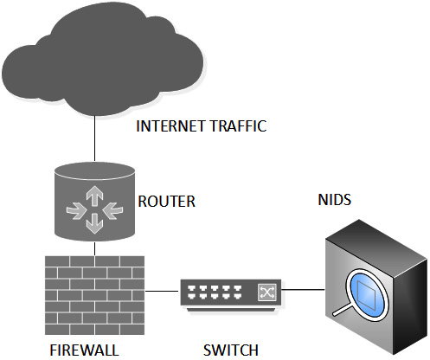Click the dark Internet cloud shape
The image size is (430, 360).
102,59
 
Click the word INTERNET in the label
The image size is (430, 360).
171,126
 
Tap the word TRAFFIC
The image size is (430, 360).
238,126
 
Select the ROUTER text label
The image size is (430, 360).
167,202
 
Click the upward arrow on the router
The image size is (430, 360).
94,196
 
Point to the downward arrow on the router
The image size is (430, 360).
94,223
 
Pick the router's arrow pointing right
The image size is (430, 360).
76,211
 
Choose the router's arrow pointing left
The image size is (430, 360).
112,209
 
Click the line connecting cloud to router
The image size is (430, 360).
94,138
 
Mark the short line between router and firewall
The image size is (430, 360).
94,249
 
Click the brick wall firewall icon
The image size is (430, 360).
94,295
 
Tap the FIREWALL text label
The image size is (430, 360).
84,350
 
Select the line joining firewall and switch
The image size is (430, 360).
162,291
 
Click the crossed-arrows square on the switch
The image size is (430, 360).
267,292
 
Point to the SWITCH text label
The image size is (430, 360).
231,350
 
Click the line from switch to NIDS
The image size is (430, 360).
304,289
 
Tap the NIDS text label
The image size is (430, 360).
335,200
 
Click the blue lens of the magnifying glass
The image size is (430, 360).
366,292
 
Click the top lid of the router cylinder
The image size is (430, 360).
94,170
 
